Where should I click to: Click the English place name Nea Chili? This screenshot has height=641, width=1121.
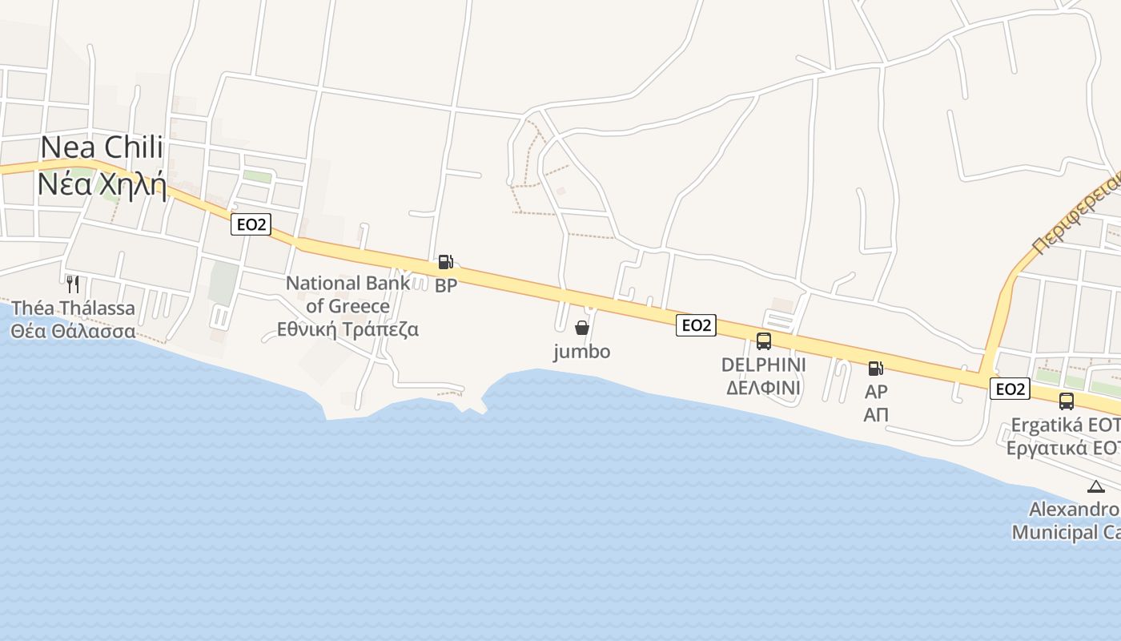coord(102,147)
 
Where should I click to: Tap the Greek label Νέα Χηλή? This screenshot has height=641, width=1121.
coord(102,186)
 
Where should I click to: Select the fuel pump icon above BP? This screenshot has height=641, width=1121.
coord(445,261)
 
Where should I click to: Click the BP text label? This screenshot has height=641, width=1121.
coord(446,285)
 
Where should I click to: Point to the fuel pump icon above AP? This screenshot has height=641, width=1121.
coord(876,369)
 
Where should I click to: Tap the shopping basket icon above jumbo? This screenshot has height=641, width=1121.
coord(582,328)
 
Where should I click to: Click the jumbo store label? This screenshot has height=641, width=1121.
coord(582,352)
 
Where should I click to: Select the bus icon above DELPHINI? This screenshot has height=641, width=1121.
coord(764,341)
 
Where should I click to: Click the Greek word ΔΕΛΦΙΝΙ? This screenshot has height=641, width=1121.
coord(763,389)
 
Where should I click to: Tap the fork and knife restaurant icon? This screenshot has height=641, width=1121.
coord(72,284)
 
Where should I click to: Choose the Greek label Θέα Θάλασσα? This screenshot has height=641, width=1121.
coord(73,331)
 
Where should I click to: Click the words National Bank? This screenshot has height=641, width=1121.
coord(348,283)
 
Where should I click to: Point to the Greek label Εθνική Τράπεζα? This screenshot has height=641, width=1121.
coord(348,329)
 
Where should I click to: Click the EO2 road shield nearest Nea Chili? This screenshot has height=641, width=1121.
coord(251,224)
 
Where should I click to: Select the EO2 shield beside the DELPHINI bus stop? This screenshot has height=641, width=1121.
coord(696,325)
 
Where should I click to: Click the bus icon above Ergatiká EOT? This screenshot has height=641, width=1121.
coord(1067,401)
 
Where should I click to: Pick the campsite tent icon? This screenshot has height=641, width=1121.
coord(1096,486)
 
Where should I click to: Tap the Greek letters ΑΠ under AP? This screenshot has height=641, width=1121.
coord(876,415)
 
